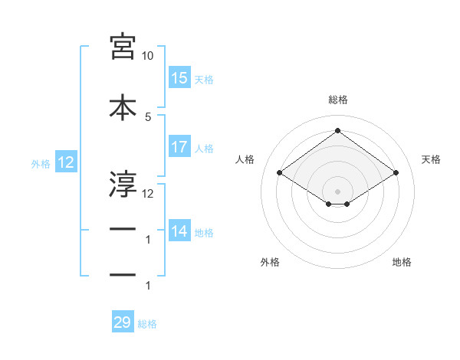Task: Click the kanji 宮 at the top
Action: click(123, 47)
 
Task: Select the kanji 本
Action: click(123, 107)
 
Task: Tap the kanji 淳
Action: click(123, 184)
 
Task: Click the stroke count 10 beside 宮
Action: click(147, 56)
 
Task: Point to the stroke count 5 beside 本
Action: click(148, 117)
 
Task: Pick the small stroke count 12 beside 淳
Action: click(147, 194)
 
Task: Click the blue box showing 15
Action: click(180, 77)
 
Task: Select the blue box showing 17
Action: click(180, 146)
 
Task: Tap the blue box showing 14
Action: click(180, 230)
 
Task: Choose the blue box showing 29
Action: click(123, 321)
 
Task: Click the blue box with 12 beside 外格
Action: click(66, 162)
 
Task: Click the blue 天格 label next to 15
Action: click(204, 80)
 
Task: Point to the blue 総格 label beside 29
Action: click(147, 324)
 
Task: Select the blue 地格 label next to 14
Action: click(204, 233)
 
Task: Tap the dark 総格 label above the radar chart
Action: click(338, 100)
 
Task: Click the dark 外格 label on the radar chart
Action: click(270, 262)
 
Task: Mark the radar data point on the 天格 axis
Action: click(396, 172)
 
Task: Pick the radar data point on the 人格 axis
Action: click(280, 172)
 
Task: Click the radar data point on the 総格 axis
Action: click(337, 130)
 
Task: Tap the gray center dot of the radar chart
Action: click(337, 191)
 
